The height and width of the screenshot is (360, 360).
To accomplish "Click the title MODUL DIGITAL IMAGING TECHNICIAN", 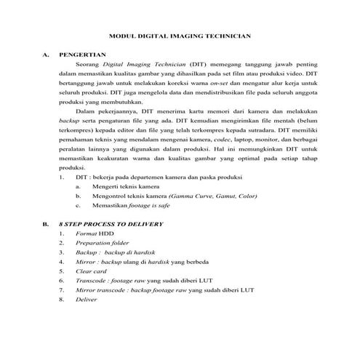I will tap(180, 34).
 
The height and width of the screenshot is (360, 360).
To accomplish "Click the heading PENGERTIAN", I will tap(83, 54).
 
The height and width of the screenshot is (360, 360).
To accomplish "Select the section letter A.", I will tap(46, 54).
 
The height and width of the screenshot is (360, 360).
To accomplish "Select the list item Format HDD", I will tap(91, 233).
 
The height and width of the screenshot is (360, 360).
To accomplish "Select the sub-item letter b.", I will tap(78, 196).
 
